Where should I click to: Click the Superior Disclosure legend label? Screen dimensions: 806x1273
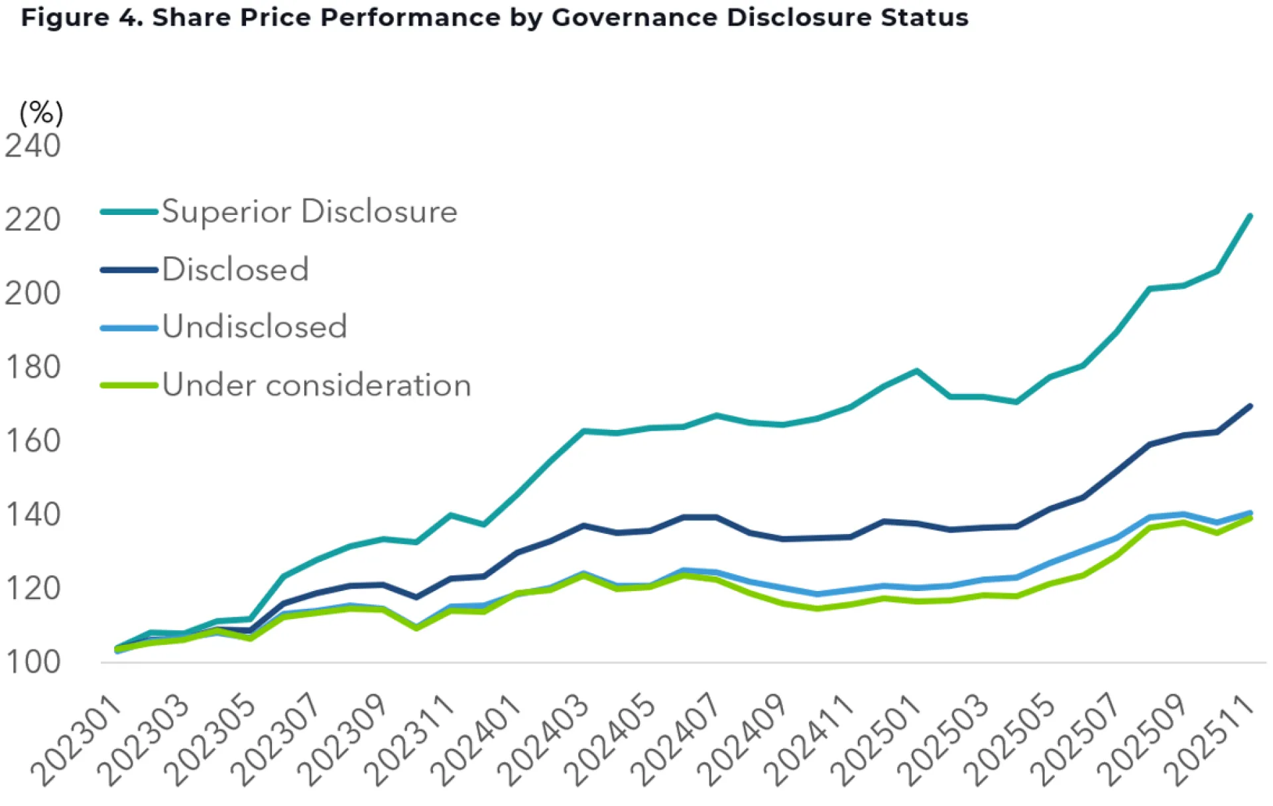(x=310, y=212)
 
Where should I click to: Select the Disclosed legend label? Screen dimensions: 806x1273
(x=235, y=269)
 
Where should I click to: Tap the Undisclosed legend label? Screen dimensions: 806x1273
(x=255, y=326)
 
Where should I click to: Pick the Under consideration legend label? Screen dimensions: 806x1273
(x=316, y=385)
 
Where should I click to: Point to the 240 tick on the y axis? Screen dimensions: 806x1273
(x=32, y=145)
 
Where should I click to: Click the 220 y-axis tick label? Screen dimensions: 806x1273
(x=32, y=220)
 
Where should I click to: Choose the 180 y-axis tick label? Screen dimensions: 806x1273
(x=32, y=367)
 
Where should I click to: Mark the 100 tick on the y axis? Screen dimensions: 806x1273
(x=32, y=662)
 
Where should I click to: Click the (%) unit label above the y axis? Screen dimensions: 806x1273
(x=41, y=113)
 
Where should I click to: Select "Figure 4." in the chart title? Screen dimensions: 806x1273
(x=82, y=18)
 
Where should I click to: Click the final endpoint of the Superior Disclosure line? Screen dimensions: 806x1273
(x=1250, y=216)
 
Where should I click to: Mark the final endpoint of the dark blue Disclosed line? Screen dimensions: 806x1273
(x=1250, y=406)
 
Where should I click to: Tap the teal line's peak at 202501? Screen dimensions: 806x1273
(x=917, y=371)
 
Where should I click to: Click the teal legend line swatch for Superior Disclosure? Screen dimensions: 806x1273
(x=129, y=212)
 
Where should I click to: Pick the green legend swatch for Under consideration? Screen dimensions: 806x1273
(x=129, y=385)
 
